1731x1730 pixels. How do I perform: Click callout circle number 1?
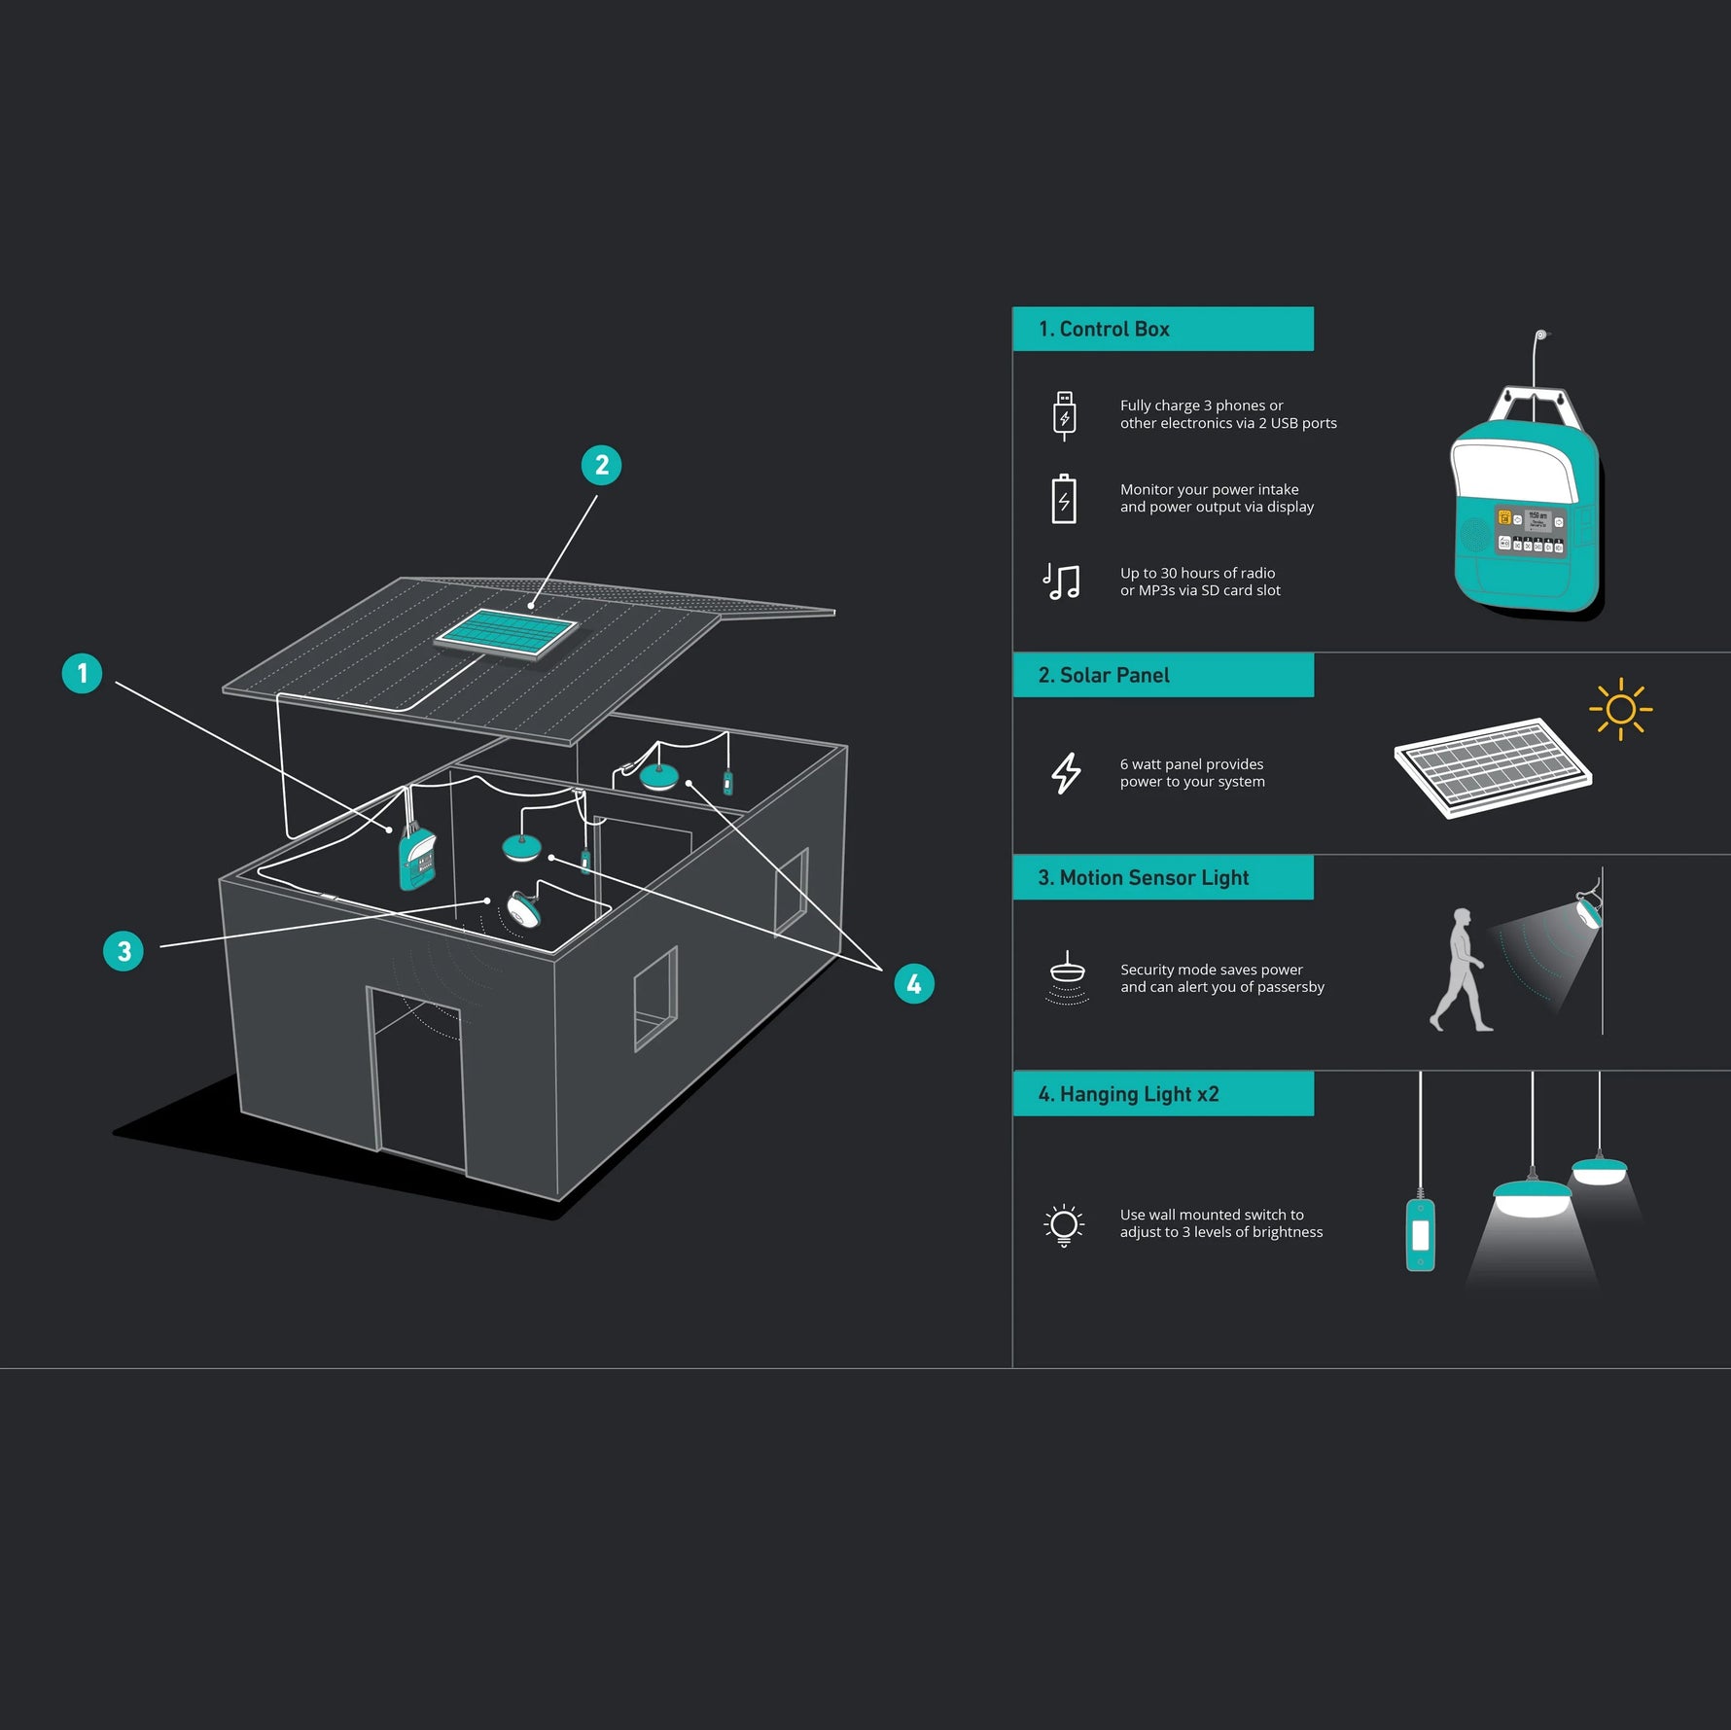pos(82,673)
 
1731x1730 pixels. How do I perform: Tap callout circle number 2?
pos(601,465)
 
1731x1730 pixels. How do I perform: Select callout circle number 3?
pos(124,951)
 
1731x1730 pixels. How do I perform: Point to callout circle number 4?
pos(914,984)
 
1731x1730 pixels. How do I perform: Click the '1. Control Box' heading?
pos(1104,329)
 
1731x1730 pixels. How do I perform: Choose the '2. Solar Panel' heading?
pos(1104,675)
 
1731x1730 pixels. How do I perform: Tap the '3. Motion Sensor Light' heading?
pos(1144,877)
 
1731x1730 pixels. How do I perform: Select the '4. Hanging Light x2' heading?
pos(1128,1094)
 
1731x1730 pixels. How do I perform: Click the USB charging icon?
pos(1064,415)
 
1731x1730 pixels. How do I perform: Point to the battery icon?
pos(1064,499)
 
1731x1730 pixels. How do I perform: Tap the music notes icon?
pos(1061,582)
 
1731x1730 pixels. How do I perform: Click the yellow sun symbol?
pos(1620,709)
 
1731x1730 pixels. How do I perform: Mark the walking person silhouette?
pos(1460,970)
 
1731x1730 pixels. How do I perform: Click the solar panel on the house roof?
pos(507,634)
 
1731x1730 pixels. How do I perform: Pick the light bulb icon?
pos(1064,1225)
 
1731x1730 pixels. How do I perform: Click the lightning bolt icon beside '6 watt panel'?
pos(1066,773)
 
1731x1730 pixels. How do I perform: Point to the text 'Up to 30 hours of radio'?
pos(1197,573)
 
